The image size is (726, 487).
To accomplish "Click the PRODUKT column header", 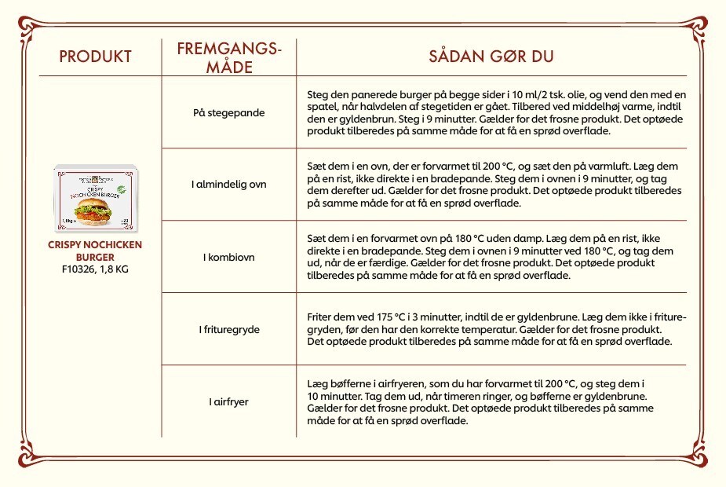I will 95,57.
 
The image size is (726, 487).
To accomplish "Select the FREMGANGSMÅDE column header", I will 228,57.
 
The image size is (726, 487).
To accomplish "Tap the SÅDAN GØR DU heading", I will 491,57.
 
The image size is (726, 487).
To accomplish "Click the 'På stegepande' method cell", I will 228,112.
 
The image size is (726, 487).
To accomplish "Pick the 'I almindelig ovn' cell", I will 228,185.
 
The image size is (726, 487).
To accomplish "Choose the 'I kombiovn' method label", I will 228,257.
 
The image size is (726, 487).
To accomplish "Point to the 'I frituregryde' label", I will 228,329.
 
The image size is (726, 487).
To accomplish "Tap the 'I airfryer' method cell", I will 228,401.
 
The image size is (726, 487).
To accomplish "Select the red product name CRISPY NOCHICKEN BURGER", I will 95,251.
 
